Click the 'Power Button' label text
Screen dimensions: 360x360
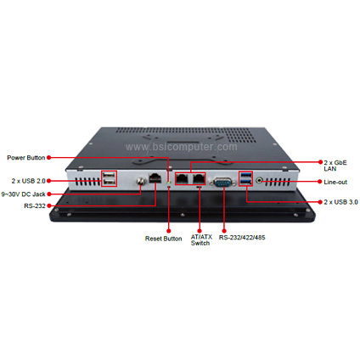click(26, 158)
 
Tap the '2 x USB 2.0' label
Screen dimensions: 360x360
click(28, 181)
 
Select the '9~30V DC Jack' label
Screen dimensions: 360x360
click(23, 194)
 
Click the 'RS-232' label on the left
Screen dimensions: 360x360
click(35, 205)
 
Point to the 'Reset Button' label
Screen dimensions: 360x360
click(164, 239)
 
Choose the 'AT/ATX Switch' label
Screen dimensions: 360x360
click(201, 240)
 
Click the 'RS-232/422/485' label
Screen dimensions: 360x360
click(242, 238)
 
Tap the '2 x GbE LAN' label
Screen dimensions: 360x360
click(335, 166)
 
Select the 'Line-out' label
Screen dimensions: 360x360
click(335, 182)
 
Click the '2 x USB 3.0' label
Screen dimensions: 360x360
click(340, 202)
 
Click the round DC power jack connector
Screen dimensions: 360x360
click(141, 181)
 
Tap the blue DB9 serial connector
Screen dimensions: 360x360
click(223, 183)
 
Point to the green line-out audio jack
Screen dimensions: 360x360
click(260, 180)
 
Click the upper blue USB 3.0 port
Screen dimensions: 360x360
click(245, 174)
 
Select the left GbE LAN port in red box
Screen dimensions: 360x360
click(182, 178)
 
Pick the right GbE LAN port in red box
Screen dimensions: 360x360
click(199, 178)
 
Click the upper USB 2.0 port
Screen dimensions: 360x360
click(110, 174)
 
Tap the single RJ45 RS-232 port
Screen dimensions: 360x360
click(155, 178)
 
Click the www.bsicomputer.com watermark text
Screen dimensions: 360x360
click(182, 147)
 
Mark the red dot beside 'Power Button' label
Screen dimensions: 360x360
click(48, 157)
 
